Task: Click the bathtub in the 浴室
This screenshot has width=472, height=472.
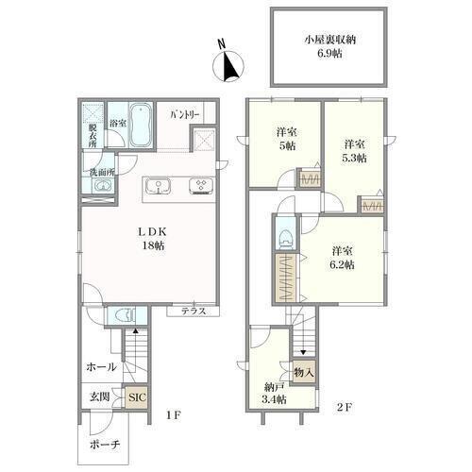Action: pyautogui.click(x=141, y=125)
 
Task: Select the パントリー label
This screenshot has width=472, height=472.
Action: pyautogui.click(x=185, y=115)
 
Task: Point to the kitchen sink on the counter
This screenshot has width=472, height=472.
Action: pyautogui.click(x=159, y=187)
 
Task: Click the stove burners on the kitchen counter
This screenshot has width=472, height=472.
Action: pyautogui.click(x=201, y=185)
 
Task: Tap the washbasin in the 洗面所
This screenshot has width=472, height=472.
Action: pyautogui.click(x=101, y=186)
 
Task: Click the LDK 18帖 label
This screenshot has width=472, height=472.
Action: pyautogui.click(x=153, y=239)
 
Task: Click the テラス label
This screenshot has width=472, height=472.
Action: pyautogui.click(x=194, y=312)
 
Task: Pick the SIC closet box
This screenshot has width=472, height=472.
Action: pyautogui.click(x=136, y=397)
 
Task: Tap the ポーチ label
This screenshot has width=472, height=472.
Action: pyautogui.click(x=105, y=445)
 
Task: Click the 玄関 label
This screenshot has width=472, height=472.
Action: pyautogui.click(x=100, y=396)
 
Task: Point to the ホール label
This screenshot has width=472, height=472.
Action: pyautogui.click(x=101, y=366)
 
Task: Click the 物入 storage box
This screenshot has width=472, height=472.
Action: pyautogui.click(x=304, y=373)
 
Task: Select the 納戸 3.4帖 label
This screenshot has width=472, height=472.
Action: pyautogui.click(x=275, y=393)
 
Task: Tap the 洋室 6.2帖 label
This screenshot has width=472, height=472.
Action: pyautogui.click(x=343, y=258)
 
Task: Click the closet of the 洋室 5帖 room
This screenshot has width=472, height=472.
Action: pyautogui.click(x=310, y=180)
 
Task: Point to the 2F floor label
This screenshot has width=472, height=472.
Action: pyautogui.click(x=344, y=407)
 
